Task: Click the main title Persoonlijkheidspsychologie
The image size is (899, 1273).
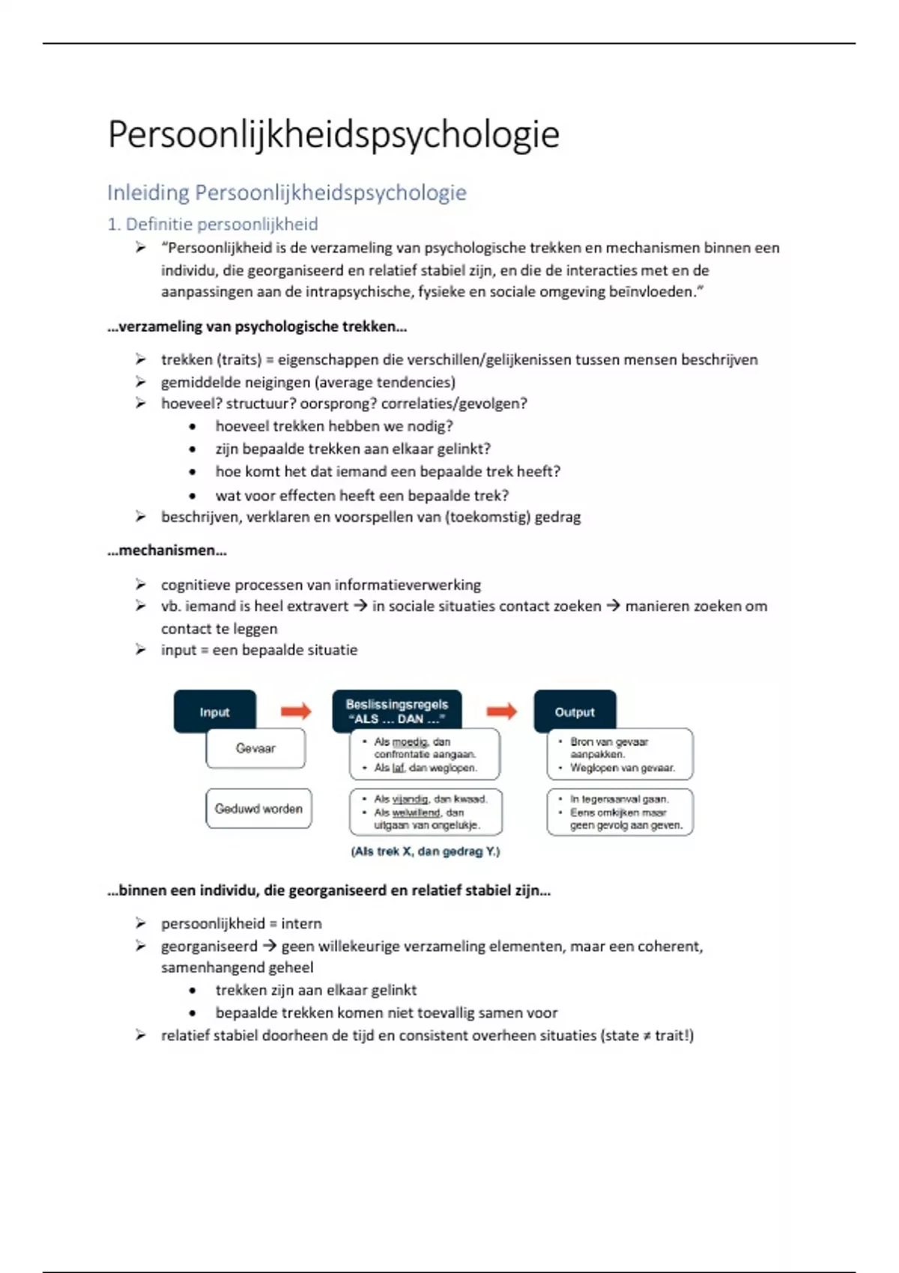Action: pyautogui.click(x=333, y=135)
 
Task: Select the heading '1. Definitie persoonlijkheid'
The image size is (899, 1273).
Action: pyautogui.click(x=213, y=224)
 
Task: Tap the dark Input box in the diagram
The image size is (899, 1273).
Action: pyautogui.click(x=215, y=711)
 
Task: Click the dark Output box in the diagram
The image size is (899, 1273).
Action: pyautogui.click(x=575, y=711)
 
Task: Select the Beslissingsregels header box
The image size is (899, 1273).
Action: pyautogui.click(x=396, y=711)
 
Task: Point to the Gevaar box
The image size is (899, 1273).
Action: pyautogui.click(x=255, y=748)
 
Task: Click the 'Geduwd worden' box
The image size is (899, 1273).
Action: pyautogui.click(x=258, y=809)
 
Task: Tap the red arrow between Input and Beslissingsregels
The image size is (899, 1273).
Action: pyautogui.click(x=296, y=711)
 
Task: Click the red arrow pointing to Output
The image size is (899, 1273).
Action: pyautogui.click(x=501, y=711)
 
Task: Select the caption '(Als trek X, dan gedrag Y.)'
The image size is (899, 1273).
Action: pyautogui.click(x=425, y=851)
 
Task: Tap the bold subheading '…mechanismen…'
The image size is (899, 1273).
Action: pyautogui.click(x=167, y=550)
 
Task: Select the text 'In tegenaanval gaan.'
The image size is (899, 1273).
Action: pyautogui.click(x=620, y=799)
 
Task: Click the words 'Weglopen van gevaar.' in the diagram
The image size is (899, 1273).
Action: pyautogui.click(x=623, y=768)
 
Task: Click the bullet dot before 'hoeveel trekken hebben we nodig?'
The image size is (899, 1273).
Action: pyautogui.click(x=193, y=427)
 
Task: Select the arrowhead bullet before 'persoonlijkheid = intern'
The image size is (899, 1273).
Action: pyautogui.click(x=140, y=923)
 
